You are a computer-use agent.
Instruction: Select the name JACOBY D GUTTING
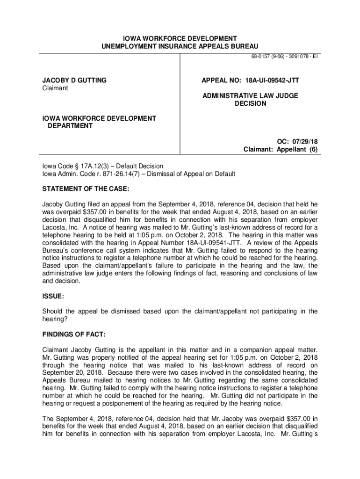pos(74,80)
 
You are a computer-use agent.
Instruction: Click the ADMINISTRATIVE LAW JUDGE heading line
pos(250,96)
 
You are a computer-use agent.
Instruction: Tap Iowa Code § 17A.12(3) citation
pos(76,166)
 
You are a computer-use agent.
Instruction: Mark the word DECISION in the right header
pos(250,103)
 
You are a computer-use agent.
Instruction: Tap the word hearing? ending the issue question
pos(55,319)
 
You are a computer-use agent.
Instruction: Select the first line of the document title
pos(180,38)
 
